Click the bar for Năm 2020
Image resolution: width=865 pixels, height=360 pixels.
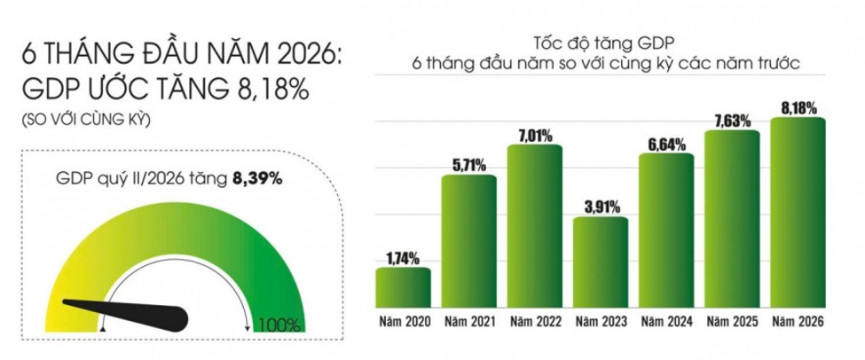pyautogui.click(x=403, y=287)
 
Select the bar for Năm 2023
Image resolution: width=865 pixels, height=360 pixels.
pyautogui.click(x=601, y=262)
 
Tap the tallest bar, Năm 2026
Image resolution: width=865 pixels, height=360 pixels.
pyautogui.click(x=798, y=212)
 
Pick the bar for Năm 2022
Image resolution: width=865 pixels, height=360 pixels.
pyautogui.click(x=535, y=226)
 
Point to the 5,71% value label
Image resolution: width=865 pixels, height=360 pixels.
pyautogui.click(x=469, y=165)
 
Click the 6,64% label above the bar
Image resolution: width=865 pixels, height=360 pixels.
pyautogui.click(x=666, y=145)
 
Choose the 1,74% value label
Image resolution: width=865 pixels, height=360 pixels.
pyautogui.click(x=403, y=257)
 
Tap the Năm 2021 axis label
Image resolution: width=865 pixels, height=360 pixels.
pyautogui.click(x=469, y=321)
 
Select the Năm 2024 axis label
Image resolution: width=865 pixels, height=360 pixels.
pyautogui.click(x=666, y=321)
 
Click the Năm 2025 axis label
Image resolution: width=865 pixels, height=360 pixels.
pyautogui.click(x=733, y=321)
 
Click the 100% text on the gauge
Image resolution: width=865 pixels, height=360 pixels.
pyautogui.click(x=279, y=325)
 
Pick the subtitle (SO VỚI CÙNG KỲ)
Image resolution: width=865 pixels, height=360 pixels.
pyautogui.click(x=85, y=120)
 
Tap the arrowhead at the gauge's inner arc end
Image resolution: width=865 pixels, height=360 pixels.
pyautogui.click(x=248, y=328)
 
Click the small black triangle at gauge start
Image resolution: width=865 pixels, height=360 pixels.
pyautogui.click(x=102, y=329)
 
